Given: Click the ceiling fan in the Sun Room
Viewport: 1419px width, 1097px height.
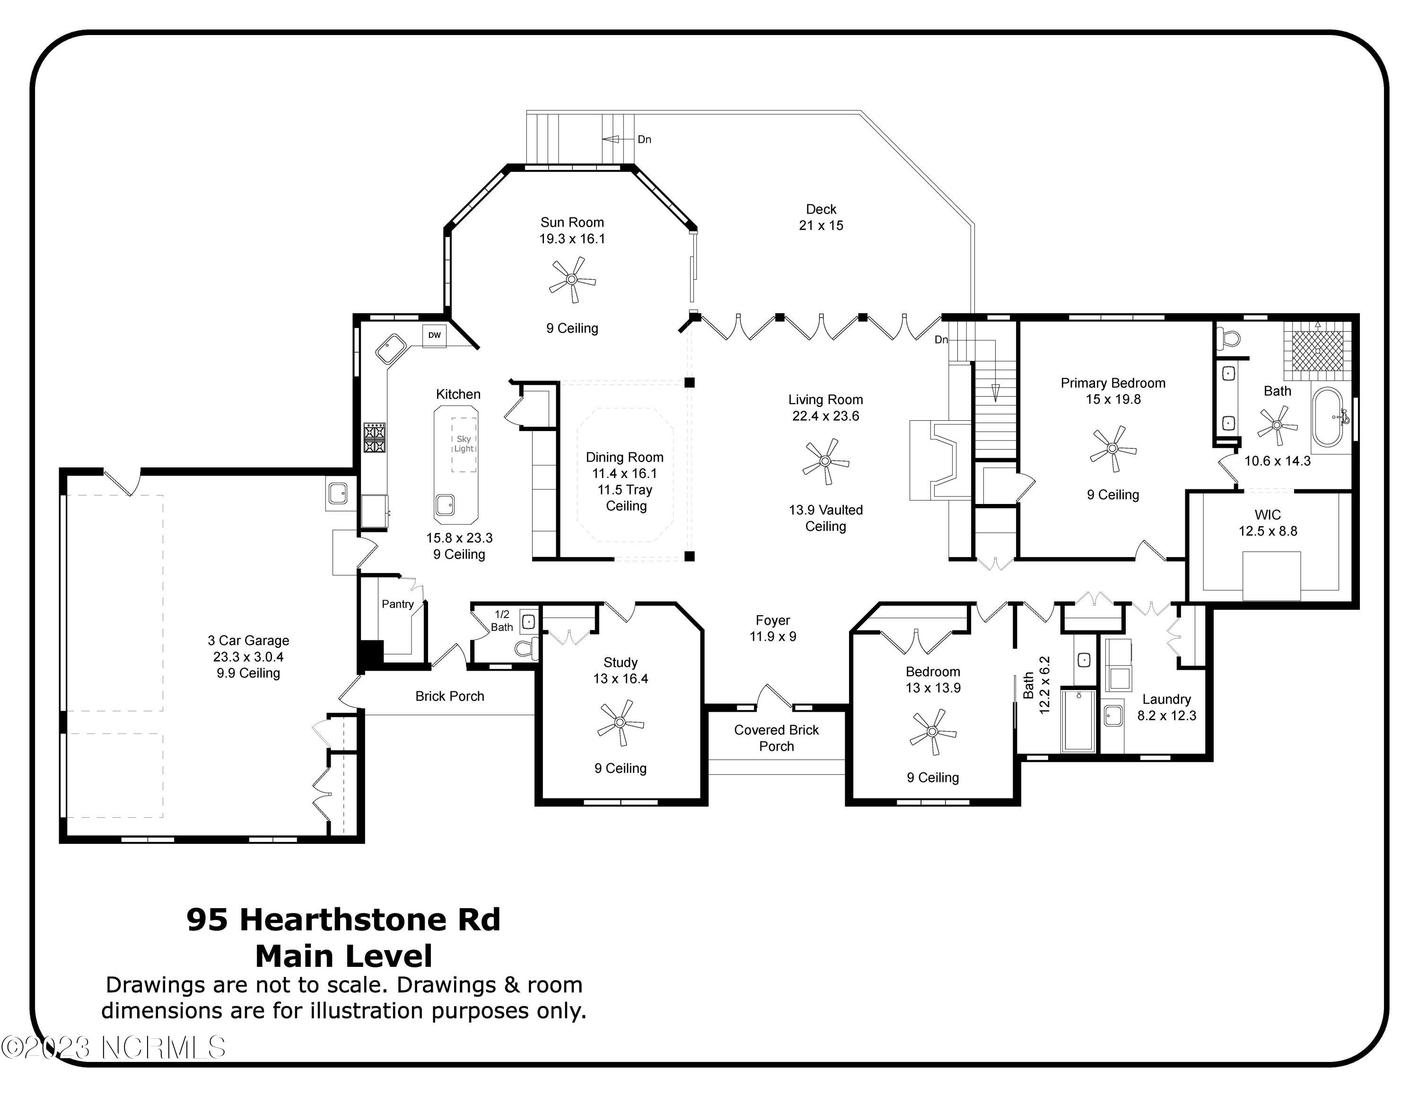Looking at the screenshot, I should pos(572,279).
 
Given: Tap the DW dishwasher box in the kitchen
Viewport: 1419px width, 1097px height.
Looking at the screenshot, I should pos(434,336).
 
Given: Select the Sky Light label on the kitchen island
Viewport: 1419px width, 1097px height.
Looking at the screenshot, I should pos(464,444).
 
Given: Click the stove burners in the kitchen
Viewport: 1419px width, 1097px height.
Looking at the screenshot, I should pos(374,437).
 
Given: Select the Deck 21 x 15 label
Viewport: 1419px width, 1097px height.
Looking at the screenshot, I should pos(821,217).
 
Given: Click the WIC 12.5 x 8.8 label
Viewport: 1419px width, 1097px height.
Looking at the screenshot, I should pos(1268,523).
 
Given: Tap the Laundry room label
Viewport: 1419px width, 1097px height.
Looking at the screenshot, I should pos(1166,699).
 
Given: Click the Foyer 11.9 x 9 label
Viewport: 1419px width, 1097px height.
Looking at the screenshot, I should pos(772,628).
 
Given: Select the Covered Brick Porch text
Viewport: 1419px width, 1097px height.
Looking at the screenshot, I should pos(776,738).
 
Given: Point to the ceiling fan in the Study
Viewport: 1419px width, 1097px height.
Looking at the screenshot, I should pos(621,722).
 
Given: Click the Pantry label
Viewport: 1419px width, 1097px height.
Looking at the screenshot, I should pos(397,604).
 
